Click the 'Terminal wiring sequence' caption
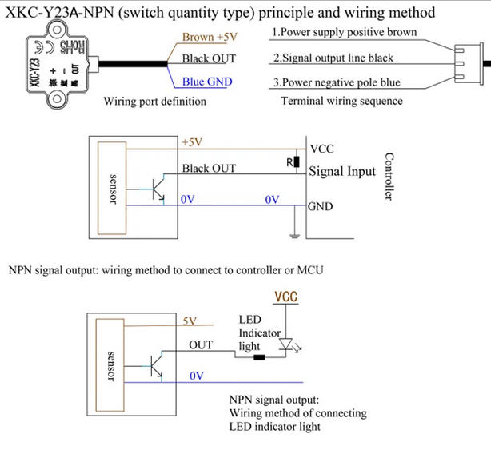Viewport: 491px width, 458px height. click(341, 102)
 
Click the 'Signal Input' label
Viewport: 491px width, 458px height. click(341, 171)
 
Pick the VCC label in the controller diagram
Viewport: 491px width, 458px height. click(321, 149)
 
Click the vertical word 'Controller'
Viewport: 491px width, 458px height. click(390, 177)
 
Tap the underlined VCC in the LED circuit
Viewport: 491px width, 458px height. click(286, 297)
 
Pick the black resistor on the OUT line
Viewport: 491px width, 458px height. click(257, 357)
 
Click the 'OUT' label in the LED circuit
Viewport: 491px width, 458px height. click(201, 345)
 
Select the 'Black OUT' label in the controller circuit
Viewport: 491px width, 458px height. click(209, 169)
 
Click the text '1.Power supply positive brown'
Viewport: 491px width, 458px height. click(345, 33)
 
